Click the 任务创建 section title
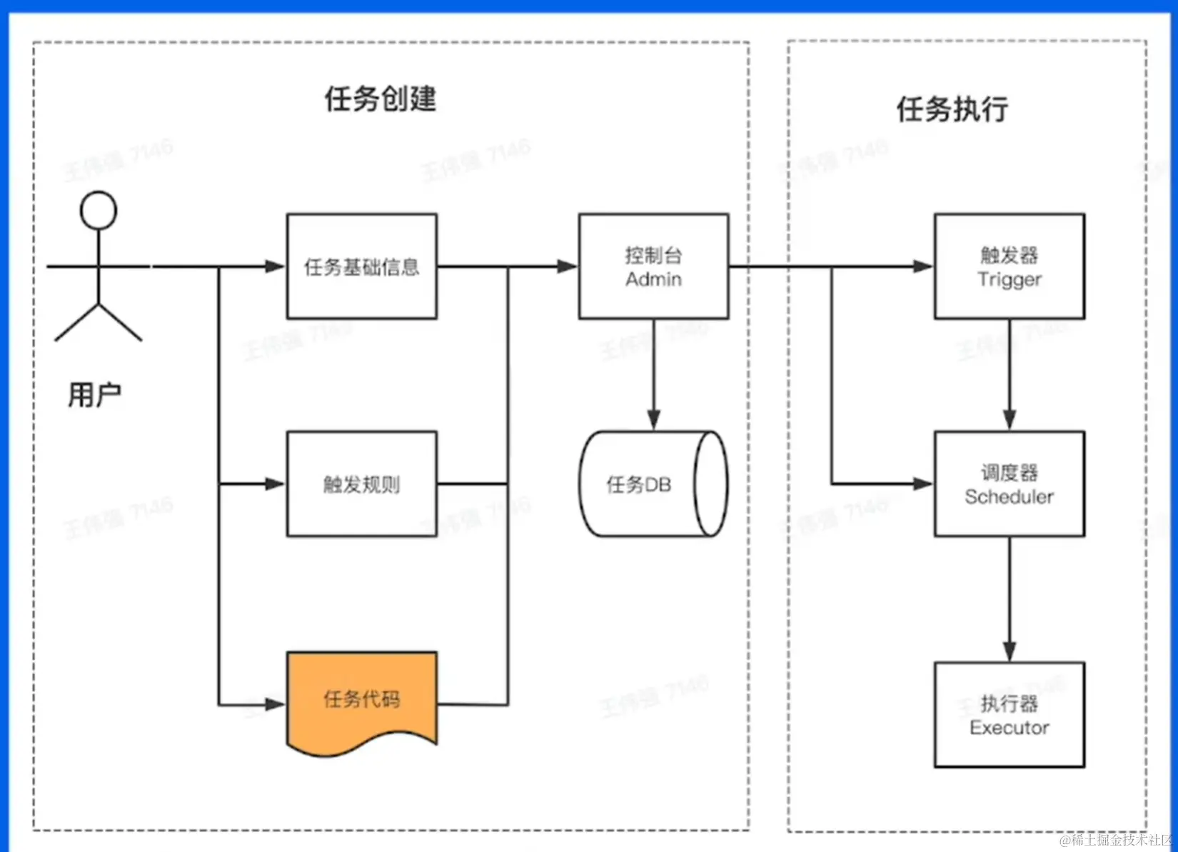pos(380,99)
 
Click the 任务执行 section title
pos(952,109)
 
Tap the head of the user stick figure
pos(99,210)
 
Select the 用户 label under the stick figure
pos(94,394)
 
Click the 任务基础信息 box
pos(361,266)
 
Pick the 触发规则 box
pos(361,484)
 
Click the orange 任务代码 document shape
pos(361,700)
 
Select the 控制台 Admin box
pos(653,266)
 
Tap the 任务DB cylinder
pos(650,484)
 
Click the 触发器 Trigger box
pos(1009,266)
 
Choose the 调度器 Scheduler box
pos(1009,484)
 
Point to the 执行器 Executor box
pos(1009,715)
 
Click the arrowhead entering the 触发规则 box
pos(276,484)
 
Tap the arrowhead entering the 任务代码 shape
pos(276,704)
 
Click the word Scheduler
pos(1009,497)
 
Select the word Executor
pos(1009,728)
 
